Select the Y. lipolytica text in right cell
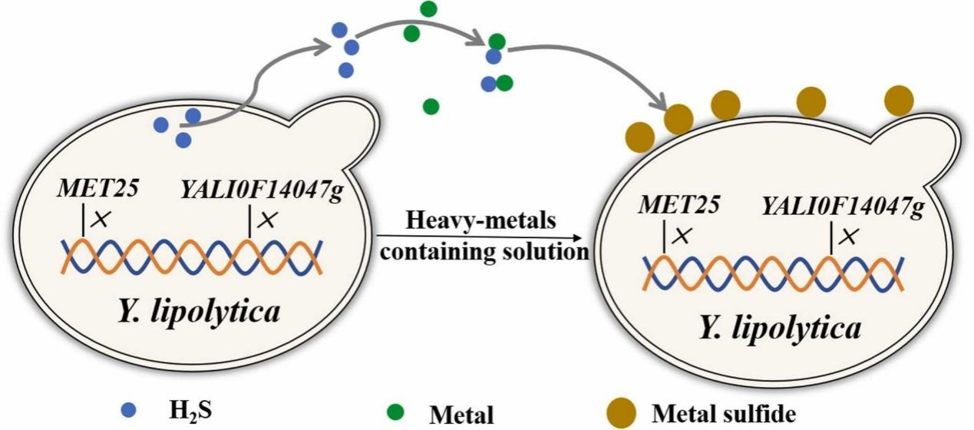point(781,328)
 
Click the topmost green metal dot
point(428,8)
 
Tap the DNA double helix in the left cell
point(192,256)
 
